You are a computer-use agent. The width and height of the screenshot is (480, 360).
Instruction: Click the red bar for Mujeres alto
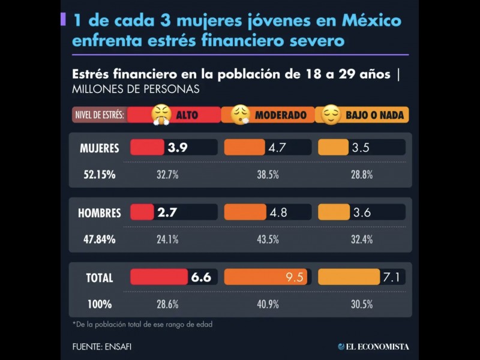147,148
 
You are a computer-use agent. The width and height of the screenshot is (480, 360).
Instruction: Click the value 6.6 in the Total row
201,277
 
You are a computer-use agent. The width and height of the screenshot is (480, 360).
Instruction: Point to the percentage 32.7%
167,175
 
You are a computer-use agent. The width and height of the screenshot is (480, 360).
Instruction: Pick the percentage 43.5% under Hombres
268,239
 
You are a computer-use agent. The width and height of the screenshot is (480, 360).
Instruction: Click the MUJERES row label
100,148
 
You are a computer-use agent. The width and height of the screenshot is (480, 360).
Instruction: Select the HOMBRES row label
100,212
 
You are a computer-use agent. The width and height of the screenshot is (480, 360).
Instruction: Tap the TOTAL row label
100,277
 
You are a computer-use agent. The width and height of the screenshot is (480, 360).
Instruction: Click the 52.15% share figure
100,175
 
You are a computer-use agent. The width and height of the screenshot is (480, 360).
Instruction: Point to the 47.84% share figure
100,239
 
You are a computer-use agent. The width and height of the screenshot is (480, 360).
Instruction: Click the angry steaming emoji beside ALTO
161,114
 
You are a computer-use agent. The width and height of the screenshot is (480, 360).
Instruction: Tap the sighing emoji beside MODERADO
241,114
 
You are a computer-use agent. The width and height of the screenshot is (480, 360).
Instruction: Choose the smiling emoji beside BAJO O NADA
331,114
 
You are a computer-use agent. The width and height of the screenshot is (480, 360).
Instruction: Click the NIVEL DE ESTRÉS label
100,115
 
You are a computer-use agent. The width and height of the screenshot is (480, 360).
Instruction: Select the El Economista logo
373,346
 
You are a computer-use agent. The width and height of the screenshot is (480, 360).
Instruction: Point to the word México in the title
371,21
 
